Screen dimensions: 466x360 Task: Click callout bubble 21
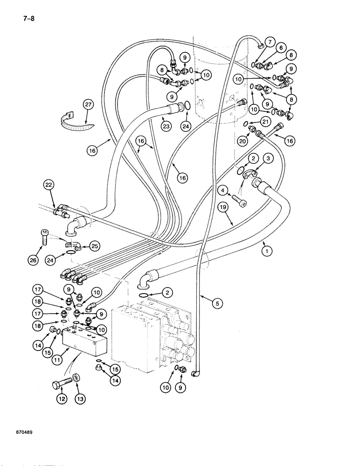(x=265, y=122)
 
